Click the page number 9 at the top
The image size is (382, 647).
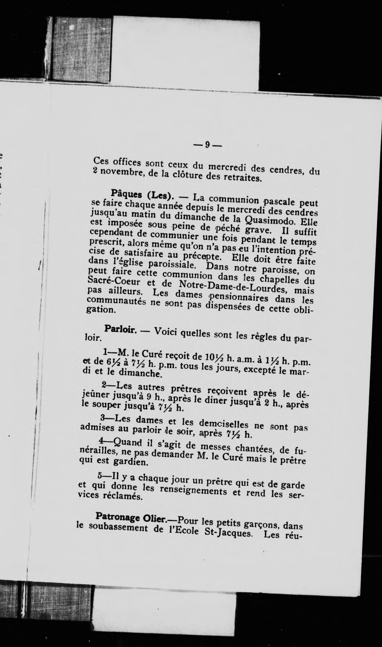(207, 144)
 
